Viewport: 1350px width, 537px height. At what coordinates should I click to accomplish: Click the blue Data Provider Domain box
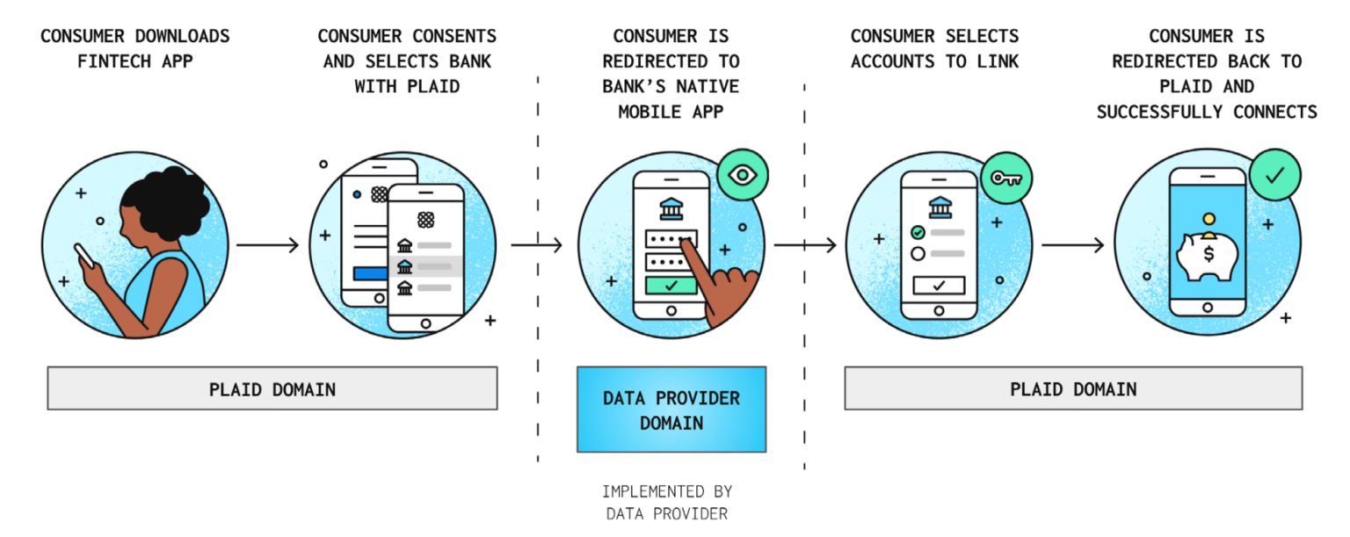tap(671, 410)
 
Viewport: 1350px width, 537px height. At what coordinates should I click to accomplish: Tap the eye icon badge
tap(742, 175)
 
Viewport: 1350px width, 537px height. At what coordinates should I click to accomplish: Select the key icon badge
tap(1005, 178)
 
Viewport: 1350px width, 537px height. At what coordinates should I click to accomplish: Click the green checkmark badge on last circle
tap(1274, 175)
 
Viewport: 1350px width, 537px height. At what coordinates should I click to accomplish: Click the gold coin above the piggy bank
tap(1208, 219)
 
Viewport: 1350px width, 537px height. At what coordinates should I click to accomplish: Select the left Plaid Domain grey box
tap(272, 388)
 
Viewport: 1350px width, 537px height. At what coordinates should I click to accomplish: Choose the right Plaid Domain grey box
tap(1072, 388)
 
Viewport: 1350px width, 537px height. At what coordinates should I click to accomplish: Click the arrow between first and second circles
tap(268, 245)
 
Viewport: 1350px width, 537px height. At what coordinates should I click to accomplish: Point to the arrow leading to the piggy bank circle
tap(1072, 245)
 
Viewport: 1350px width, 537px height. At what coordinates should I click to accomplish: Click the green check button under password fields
tap(671, 285)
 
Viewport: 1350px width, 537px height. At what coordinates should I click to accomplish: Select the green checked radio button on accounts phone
tap(918, 232)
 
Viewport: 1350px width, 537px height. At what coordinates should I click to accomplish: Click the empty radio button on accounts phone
tap(918, 254)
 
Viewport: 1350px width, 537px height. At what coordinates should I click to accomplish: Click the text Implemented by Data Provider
tap(666, 502)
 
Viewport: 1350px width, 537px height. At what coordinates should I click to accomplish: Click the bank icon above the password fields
tap(671, 207)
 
